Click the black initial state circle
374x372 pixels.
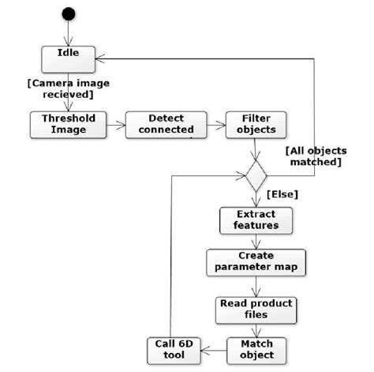pyautogui.click(x=69, y=13)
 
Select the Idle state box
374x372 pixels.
pyautogui.click(x=68, y=55)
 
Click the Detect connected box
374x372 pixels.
pyautogui.click(x=166, y=124)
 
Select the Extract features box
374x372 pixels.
pyautogui.click(x=256, y=220)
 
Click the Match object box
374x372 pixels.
pyautogui.click(x=256, y=349)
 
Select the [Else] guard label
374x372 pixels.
pyautogui.click(x=282, y=193)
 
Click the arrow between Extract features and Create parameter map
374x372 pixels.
pyautogui.click(x=256, y=241)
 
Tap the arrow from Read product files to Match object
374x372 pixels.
pyautogui.click(x=256, y=329)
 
